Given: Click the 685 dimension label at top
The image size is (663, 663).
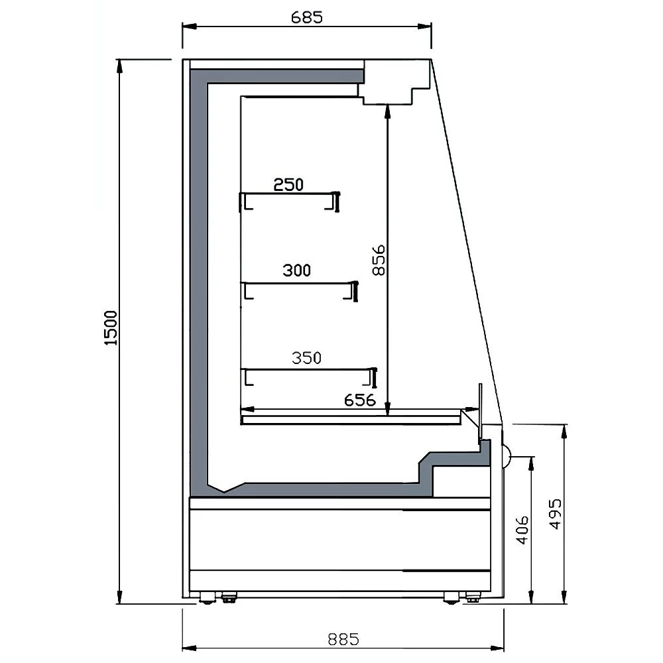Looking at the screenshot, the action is click(x=307, y=17).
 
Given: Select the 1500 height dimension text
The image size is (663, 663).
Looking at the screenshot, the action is click(x=111, y=328).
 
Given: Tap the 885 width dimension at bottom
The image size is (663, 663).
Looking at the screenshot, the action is click(x=343, y=639).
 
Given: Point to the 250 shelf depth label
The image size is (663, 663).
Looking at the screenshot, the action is click(x=288, y=185).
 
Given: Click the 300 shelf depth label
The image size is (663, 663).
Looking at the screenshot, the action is click(x=296, y=271).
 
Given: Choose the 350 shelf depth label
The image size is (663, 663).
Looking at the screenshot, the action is click(x=306, y=358).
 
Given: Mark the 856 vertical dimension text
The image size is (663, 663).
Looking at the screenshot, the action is click(x=379, y=260).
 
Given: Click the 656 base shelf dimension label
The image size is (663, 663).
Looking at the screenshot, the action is click(x=360, y=400).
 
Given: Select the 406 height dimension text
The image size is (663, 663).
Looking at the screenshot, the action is click(x=522, y=530).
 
